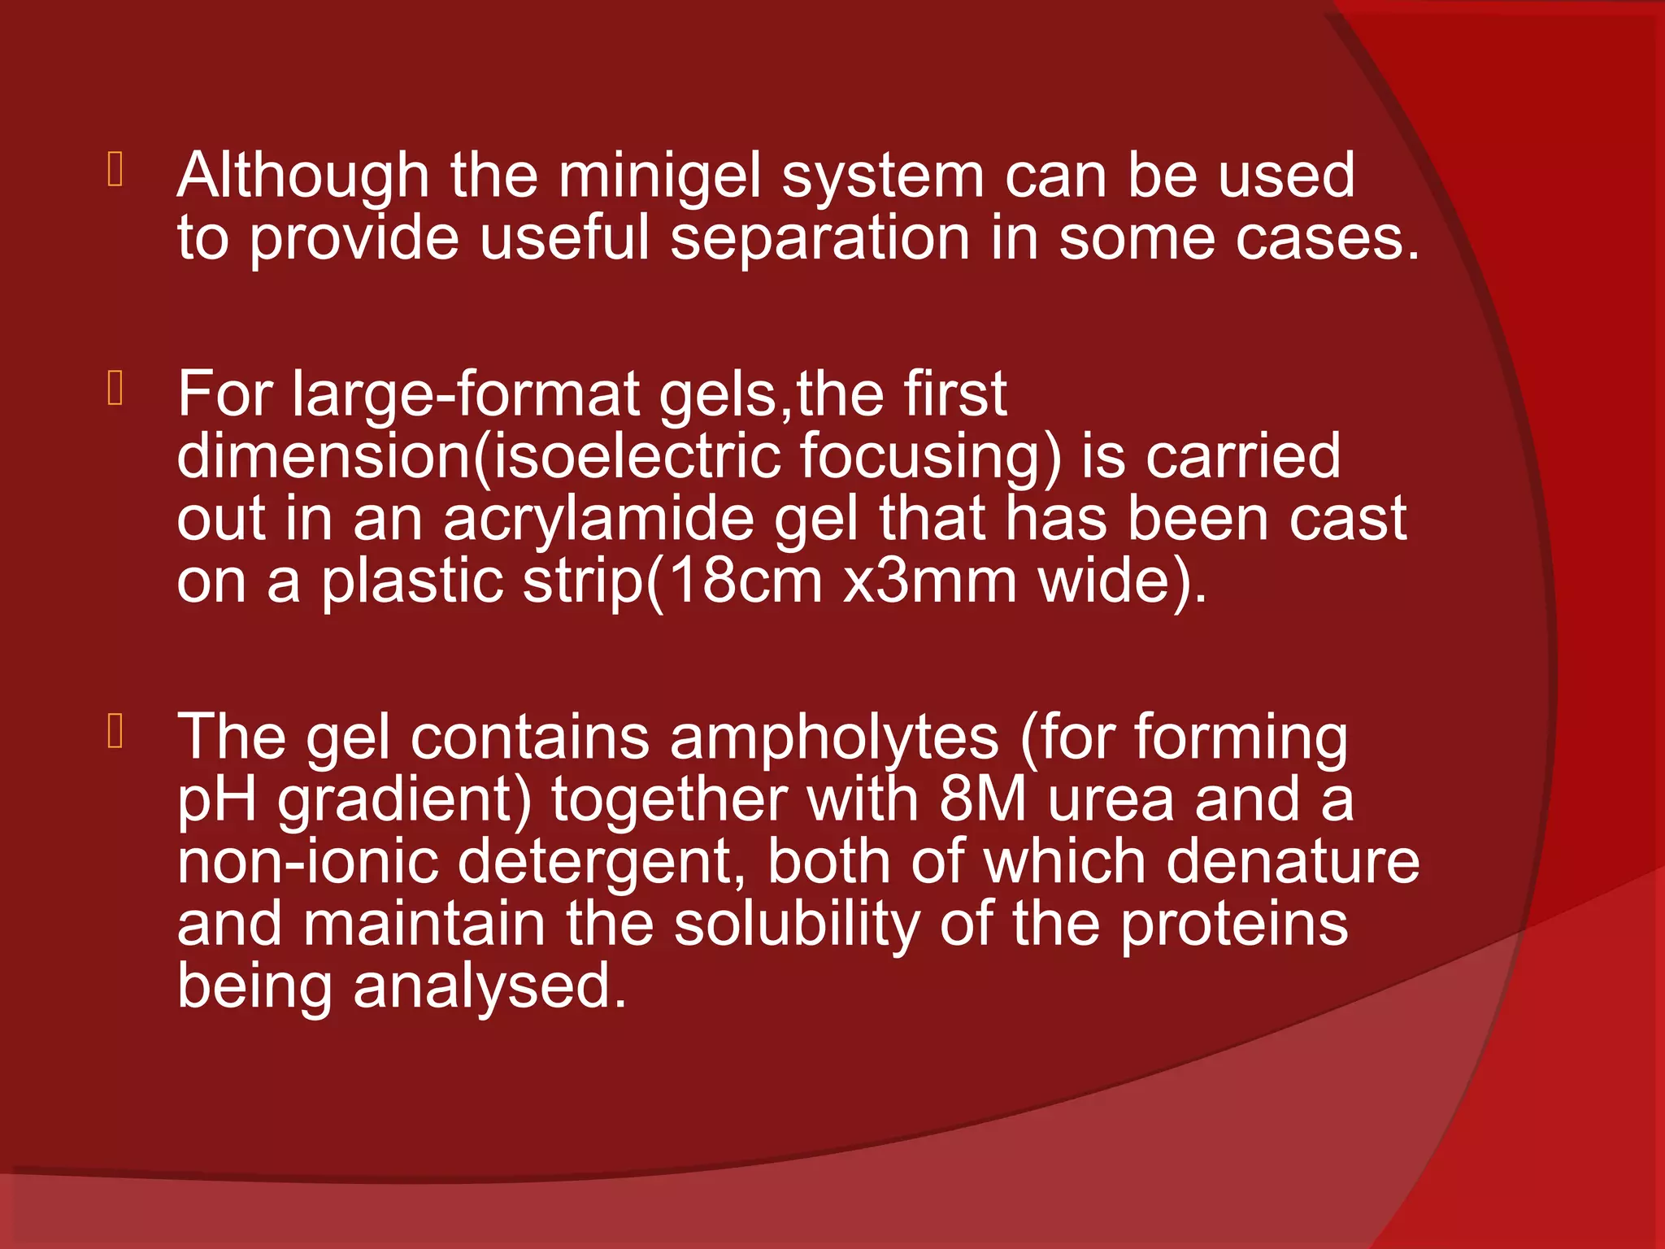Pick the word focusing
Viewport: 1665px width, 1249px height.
tap(930, 456)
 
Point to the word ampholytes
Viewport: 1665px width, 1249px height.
tap(834, 738)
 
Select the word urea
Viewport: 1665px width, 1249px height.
tap(1111, 801)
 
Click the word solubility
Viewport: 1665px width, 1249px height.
tap(797, 925)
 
